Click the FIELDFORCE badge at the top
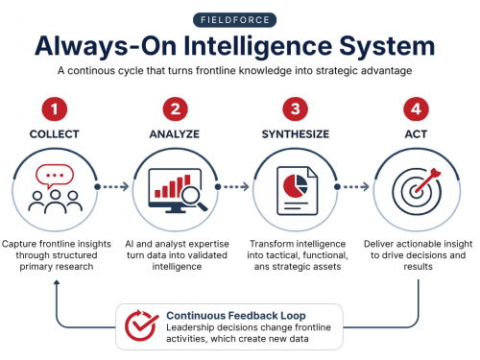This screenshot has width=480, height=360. coord(234,20)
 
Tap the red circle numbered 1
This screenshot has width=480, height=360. coord(55,109)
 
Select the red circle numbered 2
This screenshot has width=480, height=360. coord(175,109)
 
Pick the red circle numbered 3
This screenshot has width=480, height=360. coord(296,109)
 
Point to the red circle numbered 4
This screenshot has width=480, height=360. coord(416,109)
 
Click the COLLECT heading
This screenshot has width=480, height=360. coord(55,134)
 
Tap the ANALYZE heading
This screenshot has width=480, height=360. coord(175,134)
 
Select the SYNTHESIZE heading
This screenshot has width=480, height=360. coord(296,134)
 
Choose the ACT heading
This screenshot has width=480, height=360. coord(416,134)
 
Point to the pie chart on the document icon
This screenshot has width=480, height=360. coord(295,186)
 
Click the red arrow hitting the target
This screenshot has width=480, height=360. coord(428,180)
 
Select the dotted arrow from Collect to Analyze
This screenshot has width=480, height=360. coord(112,186)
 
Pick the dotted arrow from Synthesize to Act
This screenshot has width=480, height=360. coord(352,186)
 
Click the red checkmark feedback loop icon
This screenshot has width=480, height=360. coord(141,325)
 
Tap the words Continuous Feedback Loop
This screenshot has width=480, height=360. coord(236,316)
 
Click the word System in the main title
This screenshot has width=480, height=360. coord(387,46)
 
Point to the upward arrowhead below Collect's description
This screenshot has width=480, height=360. coord(57,282)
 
